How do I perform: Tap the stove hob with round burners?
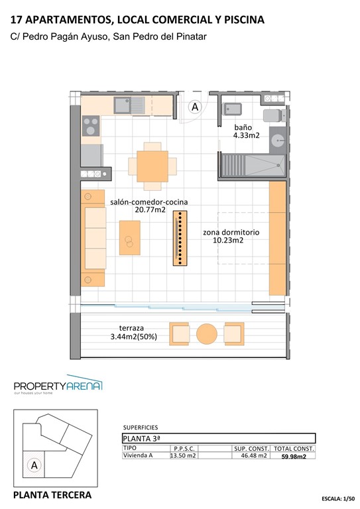[91, 125]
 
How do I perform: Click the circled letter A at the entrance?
[195, 106]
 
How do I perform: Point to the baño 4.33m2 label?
[246, 131]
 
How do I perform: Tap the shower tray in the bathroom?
[265, 163]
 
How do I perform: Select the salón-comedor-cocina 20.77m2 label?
[149, 205]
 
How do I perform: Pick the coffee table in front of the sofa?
[129, 237]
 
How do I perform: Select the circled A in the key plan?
[33, 465]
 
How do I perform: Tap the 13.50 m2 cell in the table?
[183, 456]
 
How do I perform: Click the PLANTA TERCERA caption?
[52, 495]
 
